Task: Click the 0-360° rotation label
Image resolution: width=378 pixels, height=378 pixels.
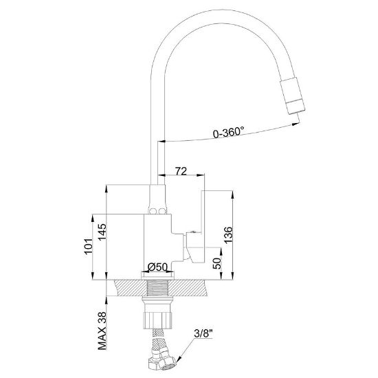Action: pos(228,132)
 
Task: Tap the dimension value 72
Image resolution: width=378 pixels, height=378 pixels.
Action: pos(181,171)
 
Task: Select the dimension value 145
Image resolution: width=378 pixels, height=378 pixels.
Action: pos(102,232)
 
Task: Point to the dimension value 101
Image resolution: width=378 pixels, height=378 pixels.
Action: pos(88,247)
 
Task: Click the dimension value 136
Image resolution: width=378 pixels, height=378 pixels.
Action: pos(228,235)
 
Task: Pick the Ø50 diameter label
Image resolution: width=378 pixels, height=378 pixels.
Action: pos(157,267)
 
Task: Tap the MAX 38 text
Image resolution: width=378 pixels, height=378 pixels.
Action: pos(102,331)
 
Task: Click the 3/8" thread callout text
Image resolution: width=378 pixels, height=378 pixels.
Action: pos(203,334)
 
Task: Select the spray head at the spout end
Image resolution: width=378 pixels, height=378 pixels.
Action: pos(292,96)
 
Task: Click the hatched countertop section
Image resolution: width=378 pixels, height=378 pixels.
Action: pos(160,288)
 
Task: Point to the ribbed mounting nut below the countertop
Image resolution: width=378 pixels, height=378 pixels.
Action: pos(158,320)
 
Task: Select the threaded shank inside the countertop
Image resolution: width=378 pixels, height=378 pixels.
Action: pos(158,288)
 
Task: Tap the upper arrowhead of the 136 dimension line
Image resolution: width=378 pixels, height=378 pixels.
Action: pos(232,194)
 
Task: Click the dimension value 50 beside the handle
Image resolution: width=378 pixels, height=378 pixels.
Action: pos(217,263)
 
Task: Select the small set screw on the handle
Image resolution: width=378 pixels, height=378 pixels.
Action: pos(192,232)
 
